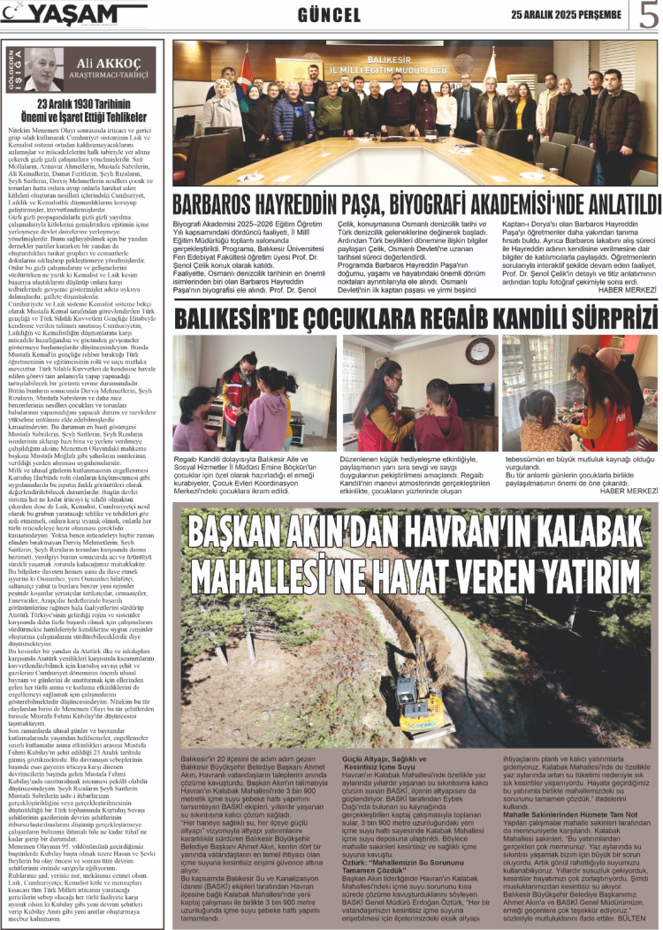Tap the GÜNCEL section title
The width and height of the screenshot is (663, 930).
tap(330, 15)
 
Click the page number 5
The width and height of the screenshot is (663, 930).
tap(648, 15)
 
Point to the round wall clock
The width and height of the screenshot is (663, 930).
tap(479, 351)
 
